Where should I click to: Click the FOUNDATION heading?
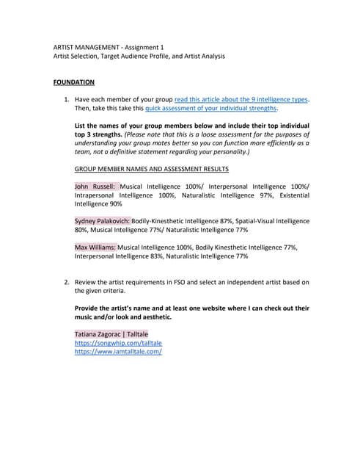pyautogui.click(x=73, y=82)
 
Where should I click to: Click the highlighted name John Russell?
pyautogui.click(x=95, y=187)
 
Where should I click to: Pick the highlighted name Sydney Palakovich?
pyautogui.click(x=103, y=220)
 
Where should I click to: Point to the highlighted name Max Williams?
pyautogui.click(x=95, y=248)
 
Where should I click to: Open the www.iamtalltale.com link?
pyautogui.click(x=118, y=352)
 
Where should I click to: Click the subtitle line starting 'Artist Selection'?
pyautogui.click(x=139, y=56)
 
